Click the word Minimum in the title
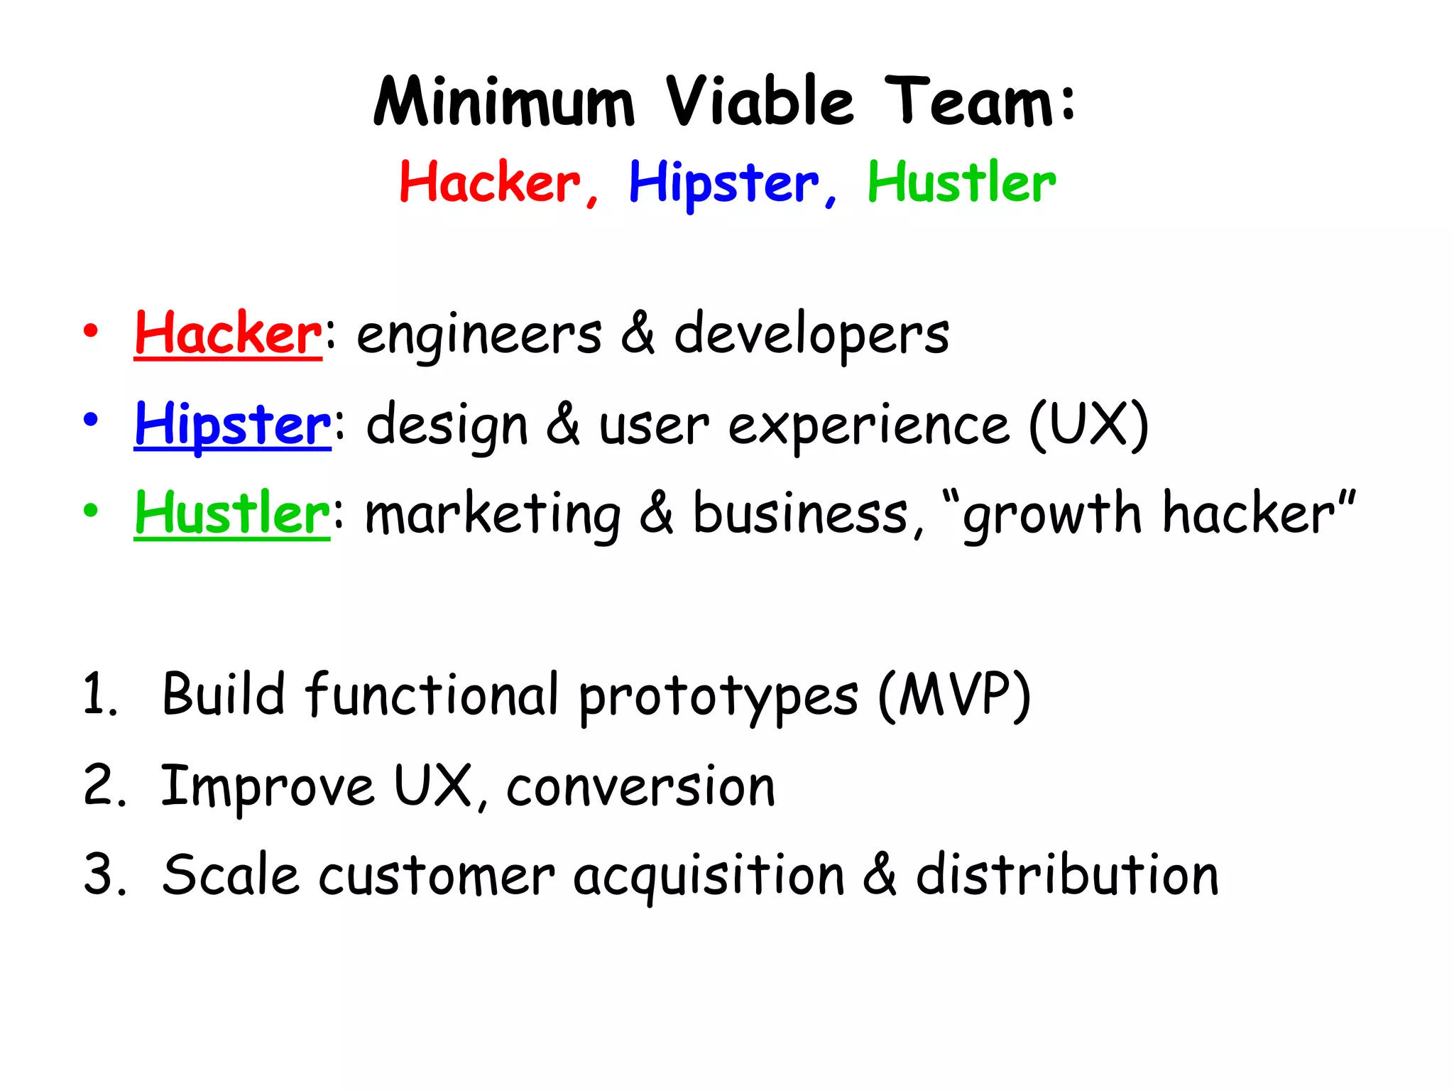pos(503,102)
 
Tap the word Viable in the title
pos(759,102)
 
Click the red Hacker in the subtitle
pos(490,183)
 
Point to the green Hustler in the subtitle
pos(961,183)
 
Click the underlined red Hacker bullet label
pos(228,333)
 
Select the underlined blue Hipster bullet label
pos(232,425)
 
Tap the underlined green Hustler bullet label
pos(232,513)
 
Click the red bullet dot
pos(90,331)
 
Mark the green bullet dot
pos(90,510)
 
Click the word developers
pos(811,335)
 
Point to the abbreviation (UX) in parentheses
pos(1088,425)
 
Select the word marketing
pos(493,514)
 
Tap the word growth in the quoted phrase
pos(1051,514)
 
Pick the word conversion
pos(640,786)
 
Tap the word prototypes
pos(718,696)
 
